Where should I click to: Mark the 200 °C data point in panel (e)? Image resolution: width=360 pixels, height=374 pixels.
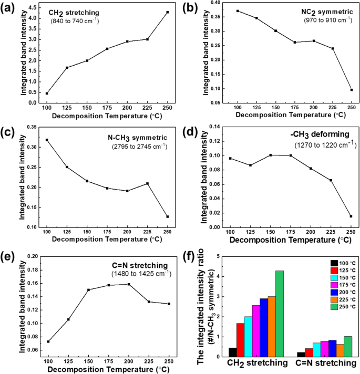tap(128, 284)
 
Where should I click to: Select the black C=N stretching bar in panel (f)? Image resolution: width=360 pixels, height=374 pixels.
tap(300, 354)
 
